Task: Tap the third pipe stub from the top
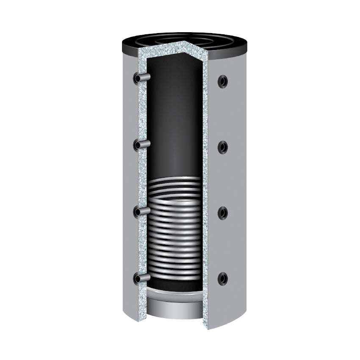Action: tap(142, 211)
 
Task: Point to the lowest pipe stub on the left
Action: tap(142, 278)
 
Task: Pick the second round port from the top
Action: tap(222, 147)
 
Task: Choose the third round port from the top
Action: tap(222, 213)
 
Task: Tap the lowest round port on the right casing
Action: tap(222, 279)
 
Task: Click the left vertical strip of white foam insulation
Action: tap(142, 178)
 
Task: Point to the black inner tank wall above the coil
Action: tap(174, 119)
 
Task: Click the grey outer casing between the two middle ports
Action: tap(224, 180)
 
